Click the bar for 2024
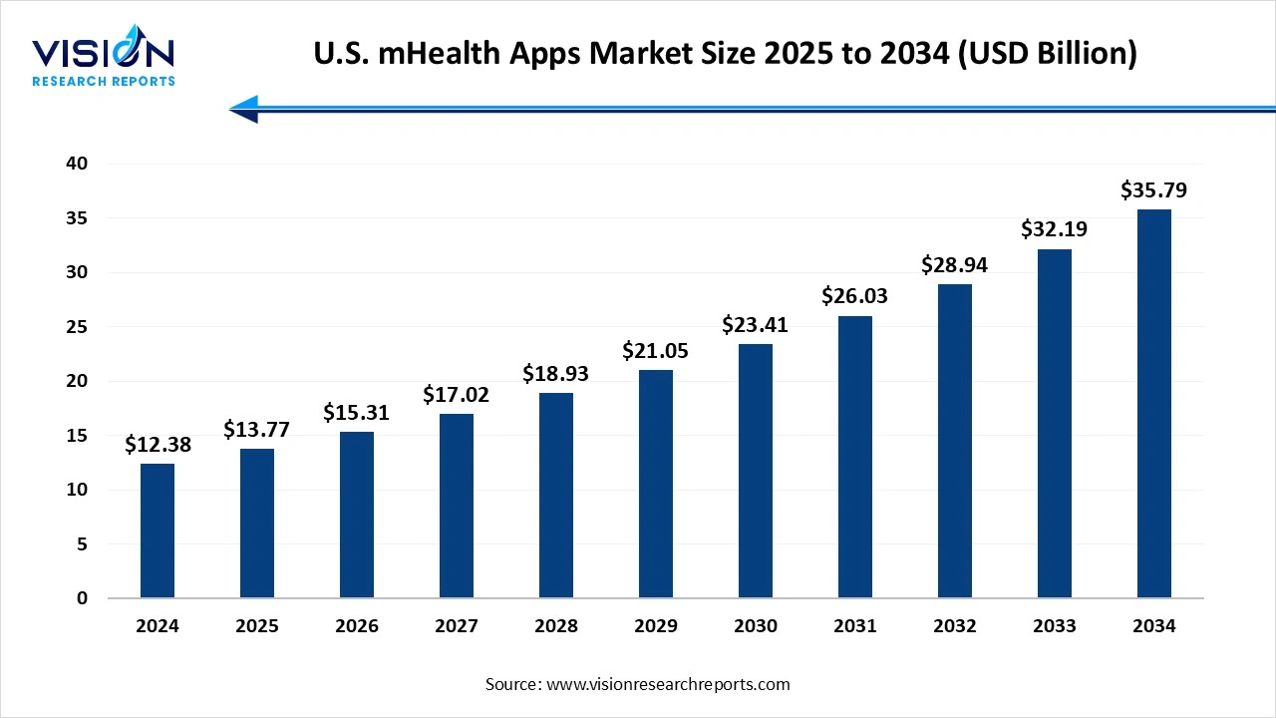(158, 531)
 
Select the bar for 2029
(656, 484)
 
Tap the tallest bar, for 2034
(1154, 404)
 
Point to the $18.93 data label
(556, 374)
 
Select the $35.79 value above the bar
(1154, 190)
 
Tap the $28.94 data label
(955, 265)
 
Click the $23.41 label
(756, 325)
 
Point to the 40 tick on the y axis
(77, 164)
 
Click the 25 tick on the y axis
(77, 327)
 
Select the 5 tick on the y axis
(82, 544)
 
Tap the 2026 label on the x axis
(357, 626)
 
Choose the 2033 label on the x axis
(1055, 626)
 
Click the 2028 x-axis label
(556, 626)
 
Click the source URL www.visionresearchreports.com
(668, 684)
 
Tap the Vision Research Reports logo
(104, 59)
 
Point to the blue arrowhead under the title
(245, 109)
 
